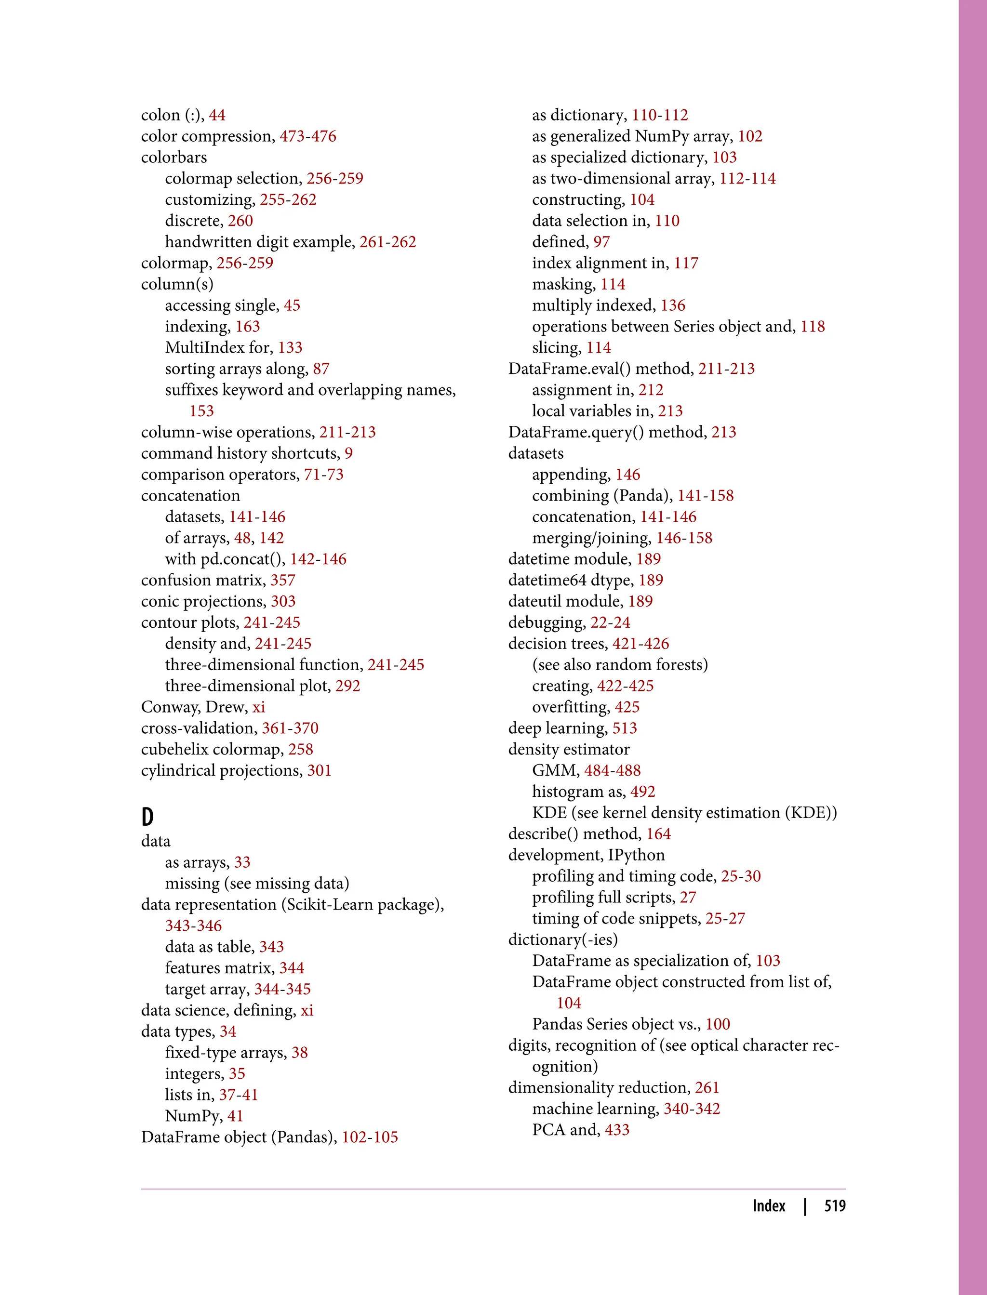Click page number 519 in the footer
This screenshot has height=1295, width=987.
tap(834, 1206)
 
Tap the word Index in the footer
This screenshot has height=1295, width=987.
tap(769, 1206)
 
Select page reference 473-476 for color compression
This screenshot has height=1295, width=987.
tap(308, 136)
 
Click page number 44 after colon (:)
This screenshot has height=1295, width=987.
tap(217, 115)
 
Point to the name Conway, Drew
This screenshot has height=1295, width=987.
tap(195, 707)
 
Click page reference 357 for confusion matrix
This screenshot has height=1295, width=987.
tap(282, 580)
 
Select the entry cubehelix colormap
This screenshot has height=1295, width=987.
tap(212, 750)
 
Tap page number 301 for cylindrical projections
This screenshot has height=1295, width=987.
tap(319, 770)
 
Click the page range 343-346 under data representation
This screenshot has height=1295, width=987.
tap(193, 925)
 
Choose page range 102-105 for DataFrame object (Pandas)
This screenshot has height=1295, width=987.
tap(370, 1137)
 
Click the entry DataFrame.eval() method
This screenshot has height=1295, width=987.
tap(600, 369)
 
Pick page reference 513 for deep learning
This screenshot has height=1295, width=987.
tap(625, 728)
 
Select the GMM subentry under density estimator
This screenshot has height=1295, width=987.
tap(555, 770)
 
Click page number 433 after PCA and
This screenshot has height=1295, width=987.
tap(617, 1130)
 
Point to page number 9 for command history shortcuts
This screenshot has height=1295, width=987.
tap(348, 453)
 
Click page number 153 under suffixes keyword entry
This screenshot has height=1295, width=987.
tap(201, 411)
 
